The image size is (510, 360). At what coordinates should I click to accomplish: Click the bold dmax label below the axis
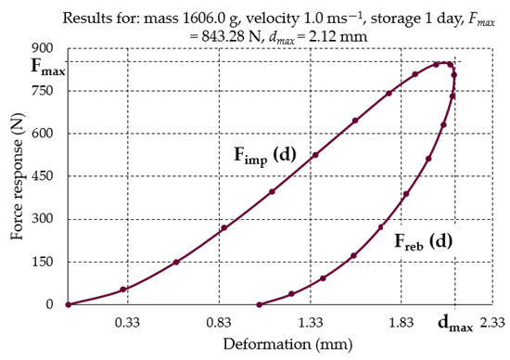pos(455,325)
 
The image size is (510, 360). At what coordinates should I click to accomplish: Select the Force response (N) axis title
pos(17,176)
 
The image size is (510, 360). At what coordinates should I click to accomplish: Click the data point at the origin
pos(68,304)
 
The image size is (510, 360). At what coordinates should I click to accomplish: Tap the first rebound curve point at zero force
pos(259,304)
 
